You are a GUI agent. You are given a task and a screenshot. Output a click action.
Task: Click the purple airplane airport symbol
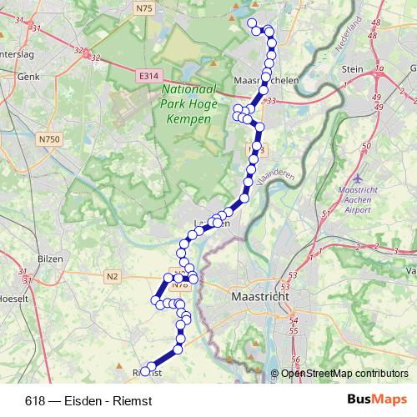point(359,178)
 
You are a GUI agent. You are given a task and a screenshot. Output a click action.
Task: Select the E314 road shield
point(148,76)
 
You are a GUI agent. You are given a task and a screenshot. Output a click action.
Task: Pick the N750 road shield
point(48,139)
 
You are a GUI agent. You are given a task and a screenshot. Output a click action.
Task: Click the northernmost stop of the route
point(252,23)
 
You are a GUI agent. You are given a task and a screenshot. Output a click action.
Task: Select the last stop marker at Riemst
point(145,370)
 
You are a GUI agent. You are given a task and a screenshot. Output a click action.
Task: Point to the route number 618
point(35,399)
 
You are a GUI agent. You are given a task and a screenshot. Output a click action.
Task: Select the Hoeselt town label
point(13,297)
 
